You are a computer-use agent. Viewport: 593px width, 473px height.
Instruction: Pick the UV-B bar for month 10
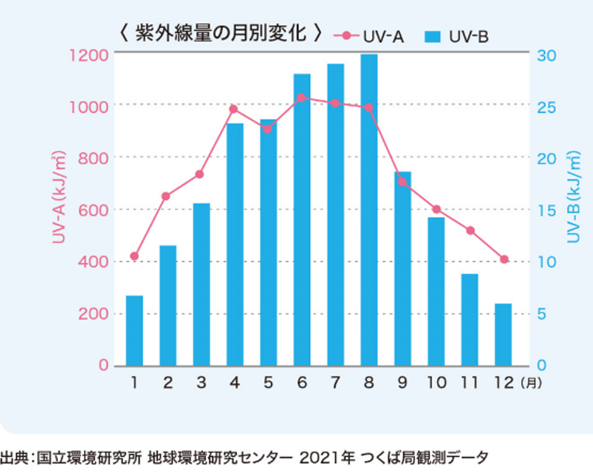pyautogui.click(x=436, y=292)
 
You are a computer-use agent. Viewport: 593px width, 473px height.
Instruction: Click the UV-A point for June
pyautogui.click(x=301, y=98)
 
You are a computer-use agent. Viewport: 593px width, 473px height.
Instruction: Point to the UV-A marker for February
pyautogui.click(x=166, y=196)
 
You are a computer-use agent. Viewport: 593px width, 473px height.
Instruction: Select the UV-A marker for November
pyautogui.click(x=470, y=230)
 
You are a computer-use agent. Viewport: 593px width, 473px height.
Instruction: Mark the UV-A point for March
pyautogui.click(x=199, y=175)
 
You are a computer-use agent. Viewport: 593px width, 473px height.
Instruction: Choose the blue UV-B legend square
pyautogui.click(x=433, y=36)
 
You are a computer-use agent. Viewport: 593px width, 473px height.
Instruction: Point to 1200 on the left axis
pyautogui.click(x=89, y=55)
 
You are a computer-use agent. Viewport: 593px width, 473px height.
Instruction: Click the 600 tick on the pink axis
pyautogui.click(x=93, y=210)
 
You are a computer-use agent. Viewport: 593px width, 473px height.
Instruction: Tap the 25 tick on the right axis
pyautogui.click(x=546, y=107)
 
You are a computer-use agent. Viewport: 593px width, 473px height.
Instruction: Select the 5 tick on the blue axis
pyautogui.click(x=542, y=314)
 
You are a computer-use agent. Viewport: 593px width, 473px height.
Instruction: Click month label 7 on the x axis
pyautogui.click(x=335, y=383)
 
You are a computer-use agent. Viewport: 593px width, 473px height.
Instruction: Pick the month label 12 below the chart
pyautogui.click(x=504, y=383)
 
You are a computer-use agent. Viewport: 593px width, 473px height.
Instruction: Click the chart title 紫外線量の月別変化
pyautogui.click(x=221, y=34)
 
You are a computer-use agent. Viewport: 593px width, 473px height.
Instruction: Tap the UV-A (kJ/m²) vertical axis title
pyautogui.click(x=58, y=197)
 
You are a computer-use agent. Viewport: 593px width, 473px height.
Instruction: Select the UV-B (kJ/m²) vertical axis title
pyautogui.click(x=573, y=197)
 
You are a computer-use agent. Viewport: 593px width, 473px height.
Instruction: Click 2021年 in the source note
pyautogui.click(x=327, y=458)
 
